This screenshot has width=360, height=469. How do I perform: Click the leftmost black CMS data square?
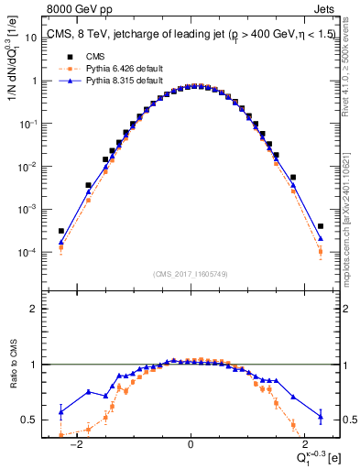(61, 231)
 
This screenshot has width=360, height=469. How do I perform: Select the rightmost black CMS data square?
(321, 226)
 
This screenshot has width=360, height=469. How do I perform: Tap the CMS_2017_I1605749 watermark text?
(190, 274)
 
